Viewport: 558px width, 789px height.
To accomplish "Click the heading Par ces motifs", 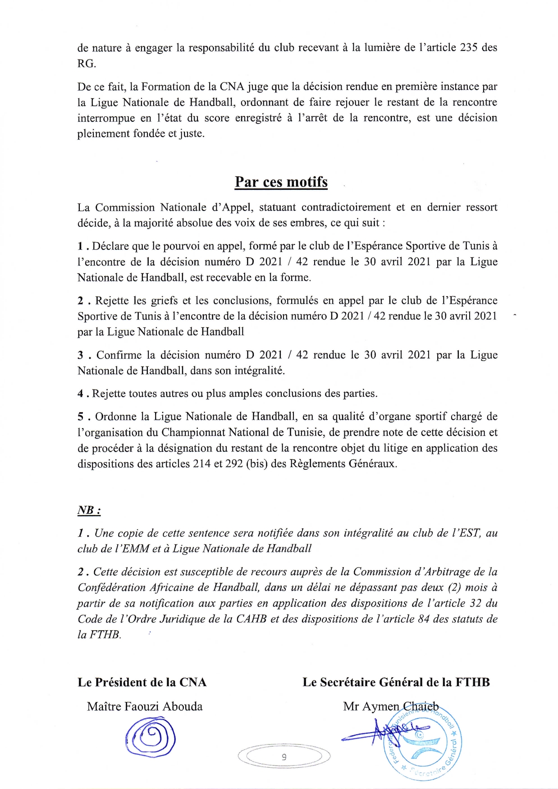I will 281,182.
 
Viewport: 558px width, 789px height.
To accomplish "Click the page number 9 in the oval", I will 284,757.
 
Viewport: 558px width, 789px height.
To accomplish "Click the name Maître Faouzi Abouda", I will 145,706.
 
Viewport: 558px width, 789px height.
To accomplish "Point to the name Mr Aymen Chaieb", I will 390,706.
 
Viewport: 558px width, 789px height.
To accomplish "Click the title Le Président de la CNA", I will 142,682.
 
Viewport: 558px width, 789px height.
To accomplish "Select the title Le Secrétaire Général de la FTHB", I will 396,682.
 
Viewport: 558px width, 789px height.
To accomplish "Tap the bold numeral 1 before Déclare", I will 80,246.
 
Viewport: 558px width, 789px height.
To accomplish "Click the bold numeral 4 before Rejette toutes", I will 80,394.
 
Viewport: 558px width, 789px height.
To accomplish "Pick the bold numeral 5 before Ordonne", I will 80,417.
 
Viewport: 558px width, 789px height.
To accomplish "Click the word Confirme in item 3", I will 119,355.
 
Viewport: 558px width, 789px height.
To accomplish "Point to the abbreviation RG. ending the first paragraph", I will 87,64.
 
